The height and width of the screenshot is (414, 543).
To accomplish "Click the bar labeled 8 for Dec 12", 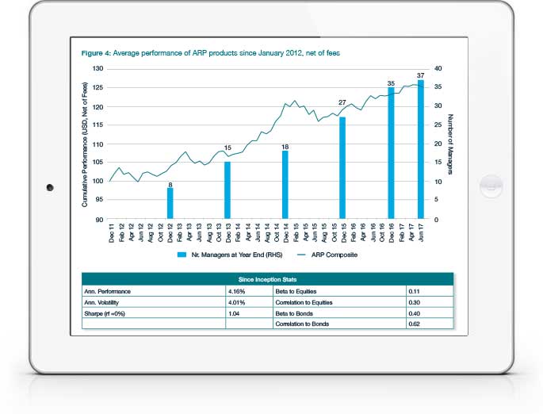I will (170, 203).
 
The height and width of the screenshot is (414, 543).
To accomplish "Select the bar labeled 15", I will (228, 190).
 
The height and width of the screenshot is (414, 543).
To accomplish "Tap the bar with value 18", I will (285, 185).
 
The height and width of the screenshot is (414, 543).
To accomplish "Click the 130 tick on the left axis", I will (98, 68).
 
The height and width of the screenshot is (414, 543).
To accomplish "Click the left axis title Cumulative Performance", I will (85, 144).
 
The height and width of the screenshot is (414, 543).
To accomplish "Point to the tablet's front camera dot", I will (49, 187).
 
